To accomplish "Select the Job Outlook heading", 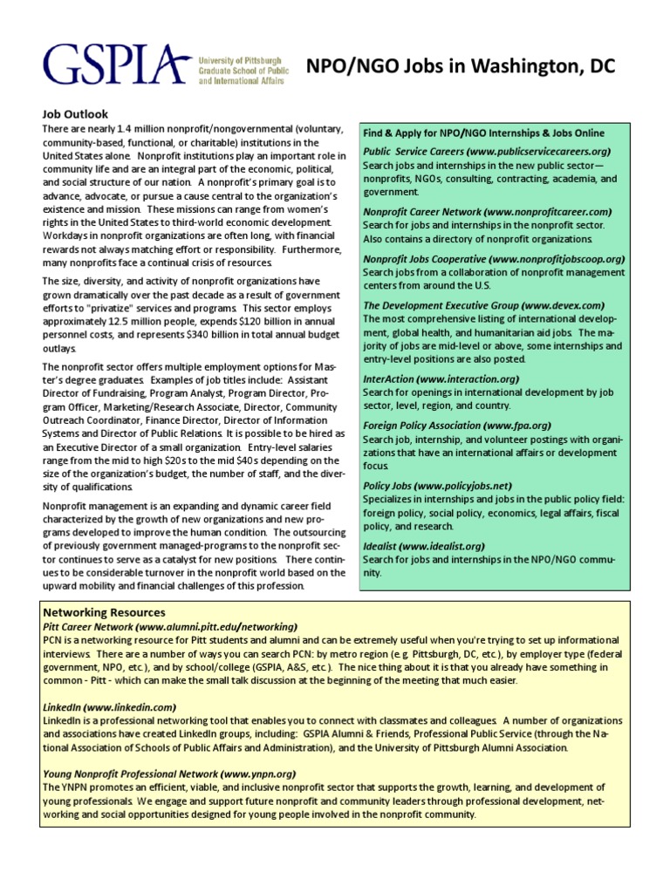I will (x=78, y=113).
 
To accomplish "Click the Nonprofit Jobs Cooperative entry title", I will (x=494, y=259).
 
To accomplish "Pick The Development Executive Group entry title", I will (x=483, y=306).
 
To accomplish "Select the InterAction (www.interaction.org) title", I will (x=441, y=379).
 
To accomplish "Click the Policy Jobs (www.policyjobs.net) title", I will (x=437, y=486).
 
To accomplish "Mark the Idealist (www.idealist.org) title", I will (x=423, y=546).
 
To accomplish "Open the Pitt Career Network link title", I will (x=170, y=626).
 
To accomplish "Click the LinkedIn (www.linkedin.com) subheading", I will (x=109, y=706).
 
